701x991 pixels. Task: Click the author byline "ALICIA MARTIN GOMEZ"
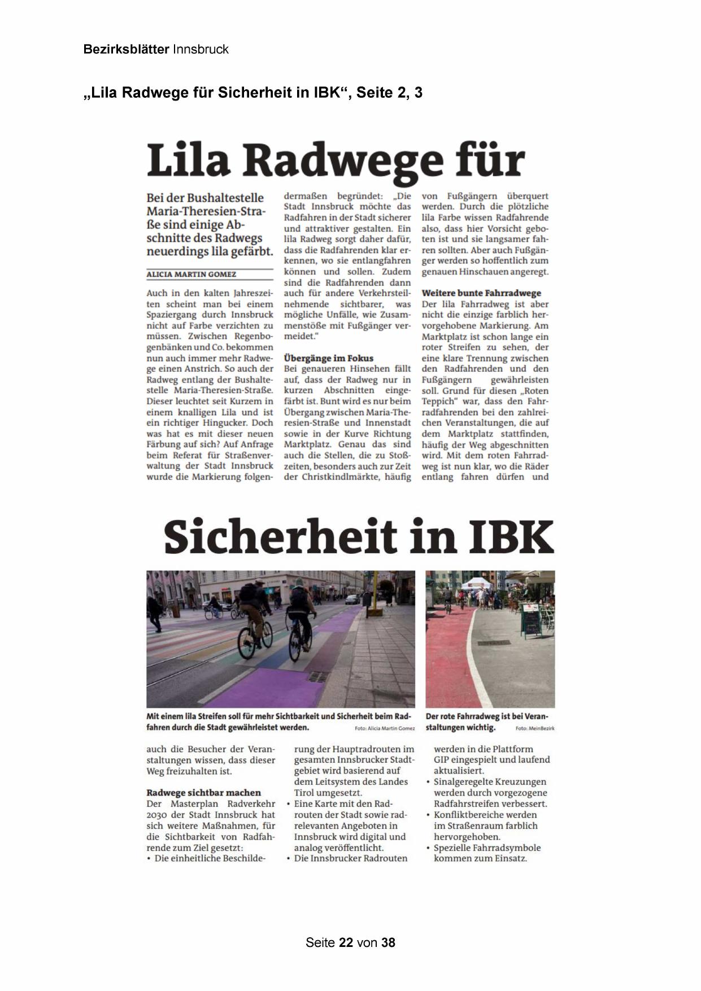click(x=191, y=275)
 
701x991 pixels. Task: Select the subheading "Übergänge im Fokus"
click(x=328, y=358)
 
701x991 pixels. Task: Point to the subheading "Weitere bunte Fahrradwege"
click(x=481, y=293)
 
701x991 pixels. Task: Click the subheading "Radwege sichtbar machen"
click(x=203, y=793)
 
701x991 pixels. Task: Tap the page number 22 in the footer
click(x=346, y=942)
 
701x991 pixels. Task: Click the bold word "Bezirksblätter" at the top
click(x=126, y=49)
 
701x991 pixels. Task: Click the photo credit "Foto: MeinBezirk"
click(x=534, y=729)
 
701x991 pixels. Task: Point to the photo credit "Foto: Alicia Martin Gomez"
click(x=385, y=729)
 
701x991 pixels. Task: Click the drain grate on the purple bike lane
click(x=318, y=676)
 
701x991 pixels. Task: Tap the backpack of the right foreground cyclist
click(x=300, y=594)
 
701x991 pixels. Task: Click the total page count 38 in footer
click(x=388, y=942)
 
